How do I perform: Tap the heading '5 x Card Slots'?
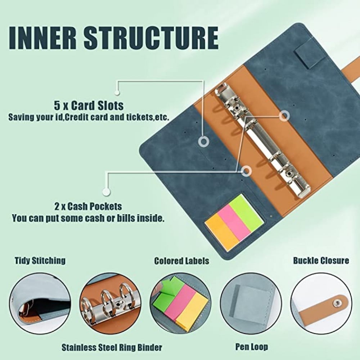pyautogui.click(x=89, y=105)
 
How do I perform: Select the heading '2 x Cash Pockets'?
pyautogui.click(x=88, y=206)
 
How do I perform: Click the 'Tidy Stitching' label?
pyautogui.click(x=40, y=261)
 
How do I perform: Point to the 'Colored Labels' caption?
pyautogui.click(x=181, y=261)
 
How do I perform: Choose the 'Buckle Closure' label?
pyautogui.click(x=321, y=261)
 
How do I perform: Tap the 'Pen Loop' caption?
pyautogui.click(x=252, y=347)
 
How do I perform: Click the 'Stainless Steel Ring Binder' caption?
pyautogui.click(x=112, y=347)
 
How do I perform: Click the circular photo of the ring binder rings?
pyautogui.click(x=111, y=303)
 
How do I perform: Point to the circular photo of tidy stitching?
pyautogui.click(x=40, y=303)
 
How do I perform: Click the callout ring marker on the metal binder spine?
pyautogui.click(x=284, y=116)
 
